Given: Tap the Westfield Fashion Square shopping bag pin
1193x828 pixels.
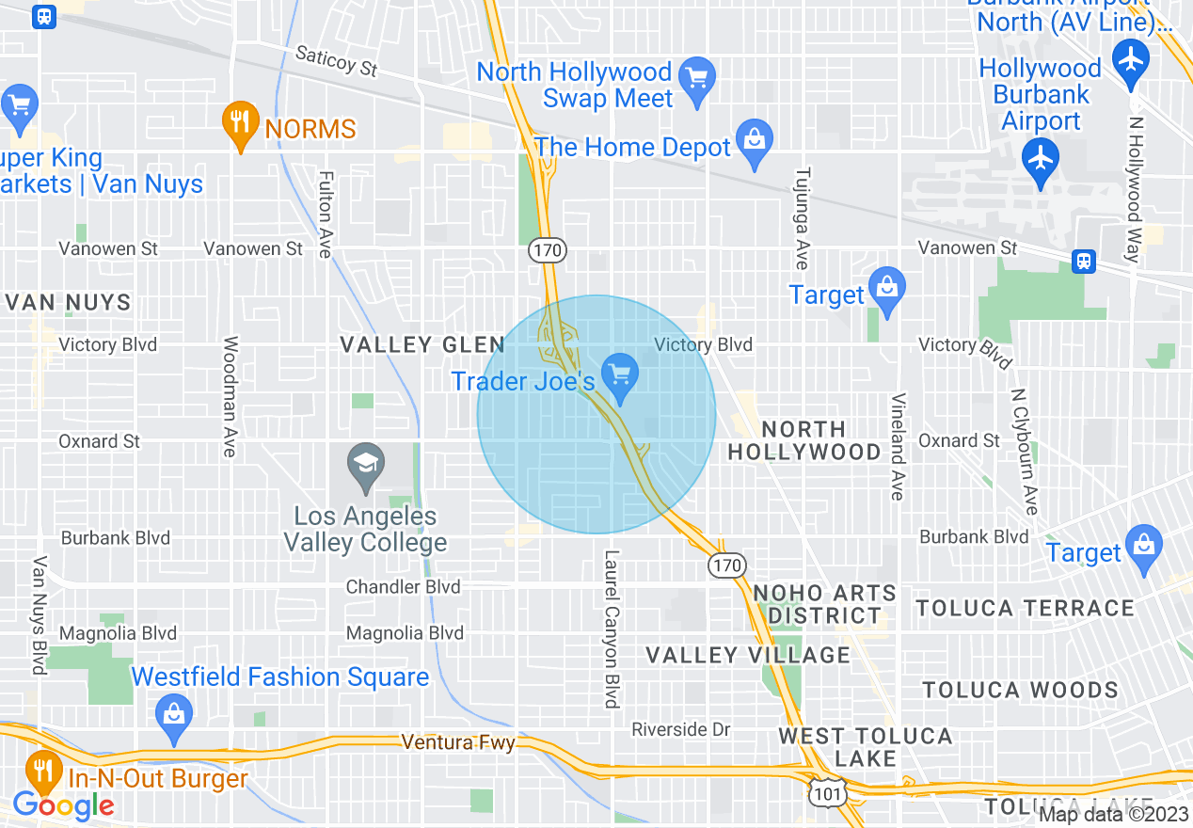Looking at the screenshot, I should (x=174, y=715).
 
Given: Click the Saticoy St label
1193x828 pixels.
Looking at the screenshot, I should (x=336, y=61).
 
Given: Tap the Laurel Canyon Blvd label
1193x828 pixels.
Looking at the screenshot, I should (x=612, y=629).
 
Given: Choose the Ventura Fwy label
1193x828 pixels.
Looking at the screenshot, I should (x=458, y=742).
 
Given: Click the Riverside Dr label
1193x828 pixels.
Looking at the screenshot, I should (x=681, y=729).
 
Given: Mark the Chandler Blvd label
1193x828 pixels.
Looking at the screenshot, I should (x=404, y=587).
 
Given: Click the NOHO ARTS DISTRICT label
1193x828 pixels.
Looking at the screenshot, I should (x=825, y=604).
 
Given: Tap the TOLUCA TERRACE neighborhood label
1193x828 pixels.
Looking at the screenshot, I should (x=1025, y=608).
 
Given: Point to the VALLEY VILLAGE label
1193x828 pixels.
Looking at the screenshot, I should (x=747, y=655).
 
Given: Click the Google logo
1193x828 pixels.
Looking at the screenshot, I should (x=63, y=806).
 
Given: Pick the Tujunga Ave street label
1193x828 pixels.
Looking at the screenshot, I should (x=802, y=218).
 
